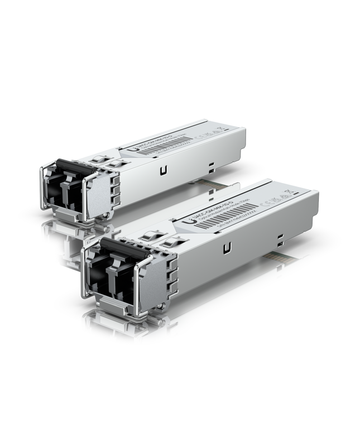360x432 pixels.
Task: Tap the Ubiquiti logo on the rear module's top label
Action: tap(130, 150)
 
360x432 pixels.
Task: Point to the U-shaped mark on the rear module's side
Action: tap(162, 171)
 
